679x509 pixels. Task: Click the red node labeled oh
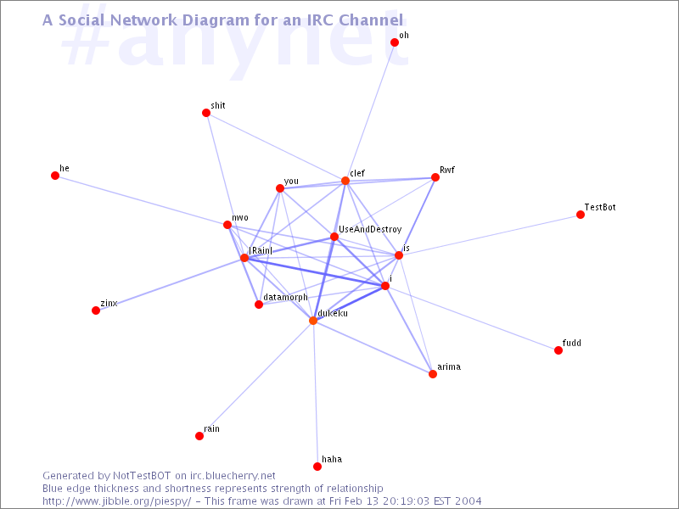395,42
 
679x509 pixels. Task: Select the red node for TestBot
581,215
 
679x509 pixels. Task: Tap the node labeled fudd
558,350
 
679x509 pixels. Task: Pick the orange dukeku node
313,321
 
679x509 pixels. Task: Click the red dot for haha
317,466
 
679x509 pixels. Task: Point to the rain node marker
199,436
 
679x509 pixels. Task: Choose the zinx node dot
96,310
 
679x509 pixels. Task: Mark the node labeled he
55,176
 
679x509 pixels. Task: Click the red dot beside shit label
206,113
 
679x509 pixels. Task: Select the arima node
433,374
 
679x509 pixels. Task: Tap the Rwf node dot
435,177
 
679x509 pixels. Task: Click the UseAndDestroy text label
370,229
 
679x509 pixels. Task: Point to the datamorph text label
285,298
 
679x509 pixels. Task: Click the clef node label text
357,173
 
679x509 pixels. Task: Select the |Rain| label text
261,250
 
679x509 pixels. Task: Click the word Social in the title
81,20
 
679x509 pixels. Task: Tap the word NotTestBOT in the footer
142,476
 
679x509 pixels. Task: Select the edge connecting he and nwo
141,200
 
